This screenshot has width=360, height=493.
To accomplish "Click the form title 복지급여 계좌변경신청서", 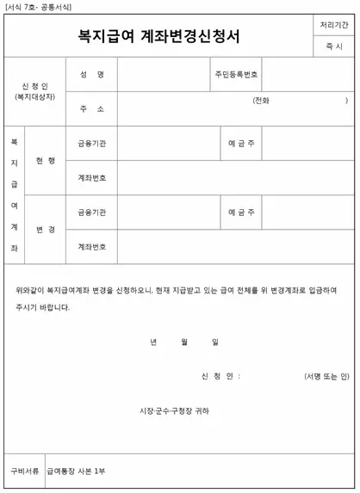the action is click(x=159, y=36).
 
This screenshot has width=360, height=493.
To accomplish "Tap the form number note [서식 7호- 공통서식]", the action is click(x=39, y=6).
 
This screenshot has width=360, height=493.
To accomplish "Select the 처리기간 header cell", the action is click(x=333, y=25).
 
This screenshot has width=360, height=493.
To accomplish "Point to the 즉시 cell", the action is click(x=333, y=46).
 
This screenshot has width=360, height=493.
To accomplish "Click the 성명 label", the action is click(x=91, y=75).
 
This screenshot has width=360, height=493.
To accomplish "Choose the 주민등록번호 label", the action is click(x=237, y=75).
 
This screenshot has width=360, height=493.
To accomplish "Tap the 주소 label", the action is click(x=91, y=109).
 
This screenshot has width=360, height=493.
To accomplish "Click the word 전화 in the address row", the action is click(x=261, y=101).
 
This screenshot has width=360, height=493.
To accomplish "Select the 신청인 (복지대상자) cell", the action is click(x=34, y=91).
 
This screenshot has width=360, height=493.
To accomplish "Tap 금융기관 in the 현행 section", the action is click(x=91, y=143).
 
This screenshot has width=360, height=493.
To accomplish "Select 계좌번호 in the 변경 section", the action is click(x=91, y=247).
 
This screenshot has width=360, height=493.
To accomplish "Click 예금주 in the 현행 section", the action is click(x=241, y=143).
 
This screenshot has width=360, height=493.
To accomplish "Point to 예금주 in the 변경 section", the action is click(x=241, y=213).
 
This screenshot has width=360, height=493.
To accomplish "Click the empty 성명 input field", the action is click(x=164, y=75).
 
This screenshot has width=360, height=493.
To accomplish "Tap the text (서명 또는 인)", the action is click(x=326, y=376).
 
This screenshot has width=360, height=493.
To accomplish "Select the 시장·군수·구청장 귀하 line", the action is click(x=174, y=410).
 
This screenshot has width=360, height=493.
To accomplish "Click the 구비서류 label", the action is click(x=24, y=471).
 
